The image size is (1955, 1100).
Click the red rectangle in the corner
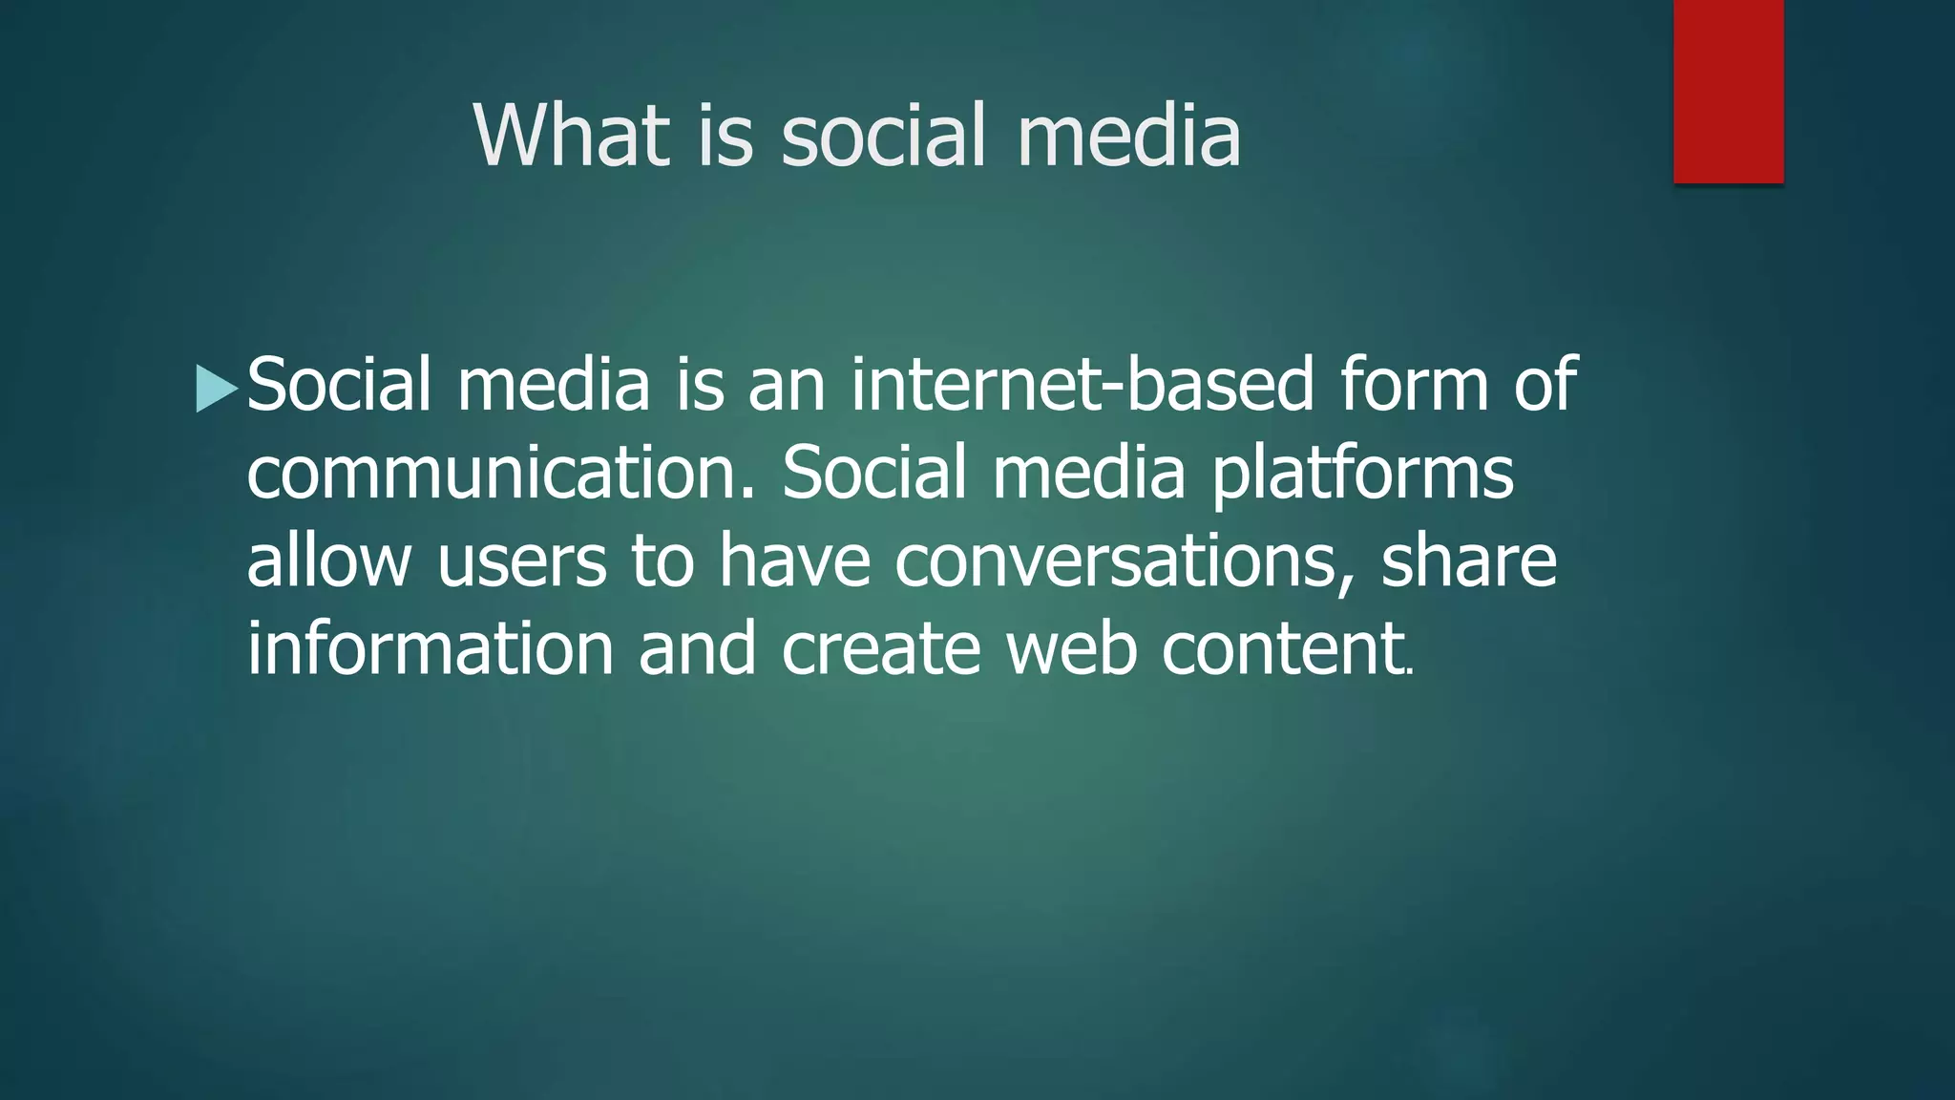(1728, 92)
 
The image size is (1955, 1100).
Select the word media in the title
(1128, 136)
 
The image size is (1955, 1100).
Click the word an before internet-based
(787, 384)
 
